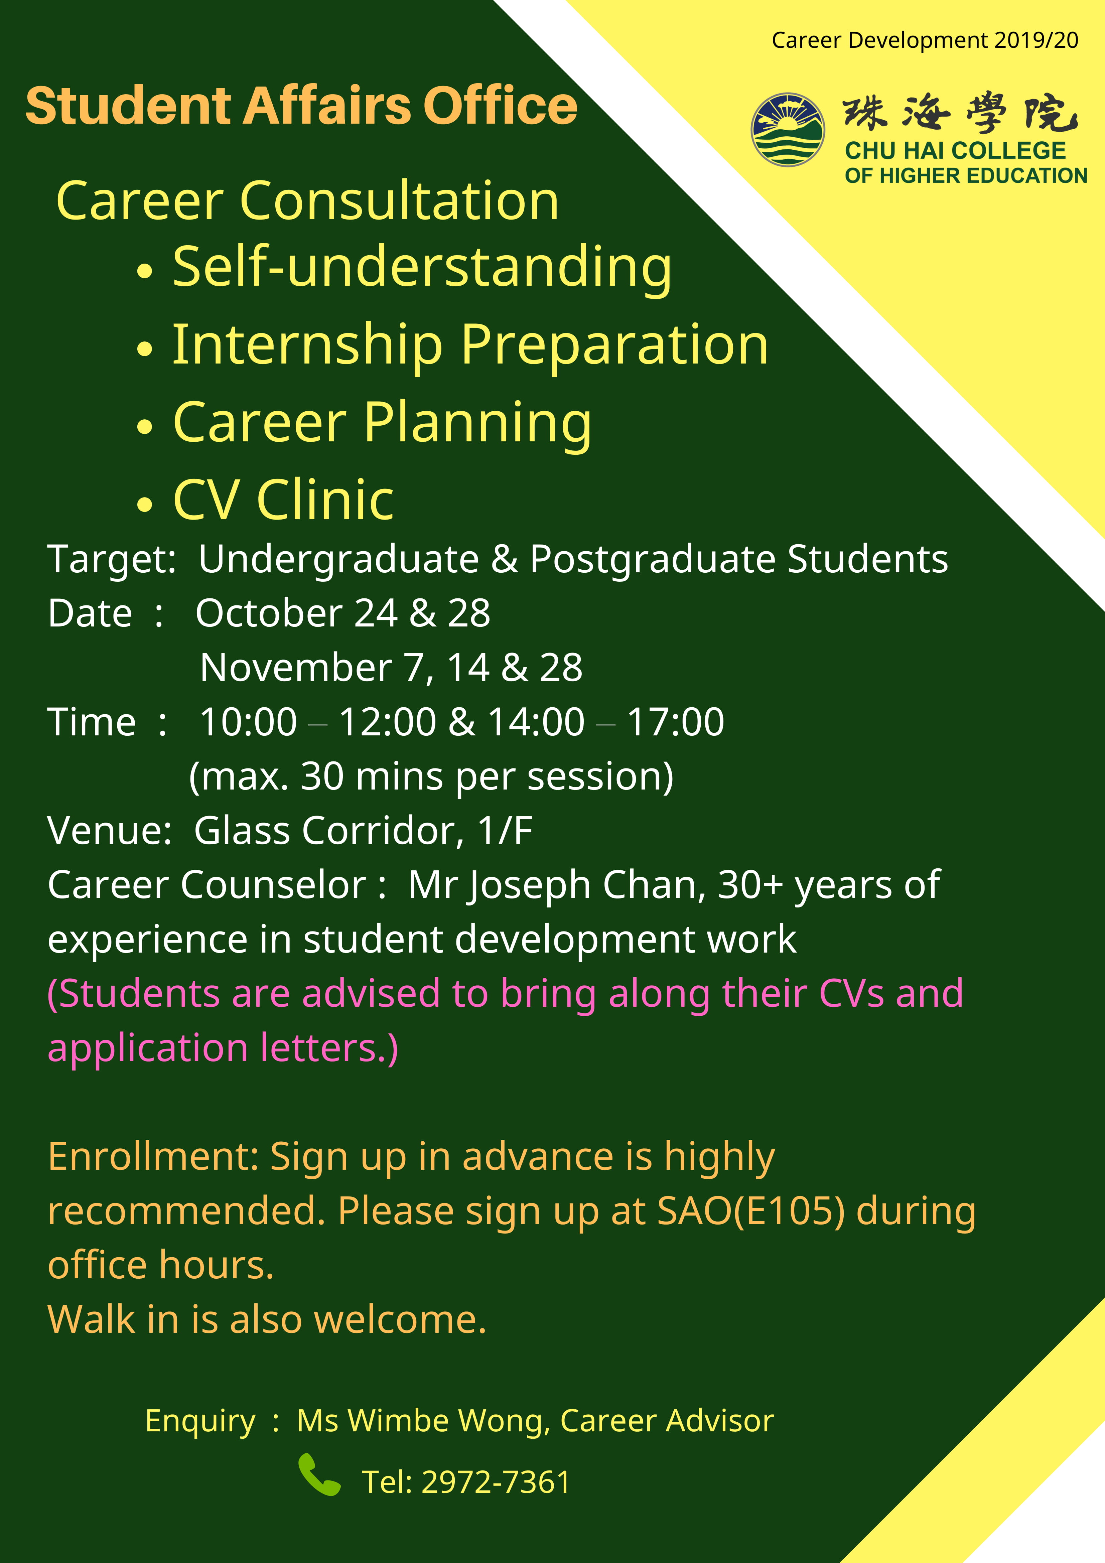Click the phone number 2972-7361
[496, 1482]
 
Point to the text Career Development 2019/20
[925, 40]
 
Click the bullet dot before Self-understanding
[144, 272]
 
